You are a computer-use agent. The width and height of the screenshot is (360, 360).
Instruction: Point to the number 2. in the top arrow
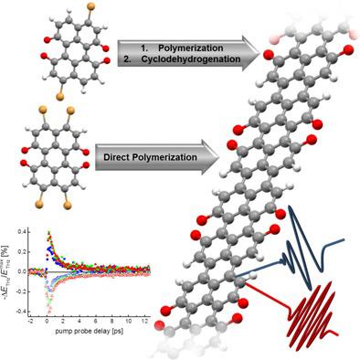pos(135,61)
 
